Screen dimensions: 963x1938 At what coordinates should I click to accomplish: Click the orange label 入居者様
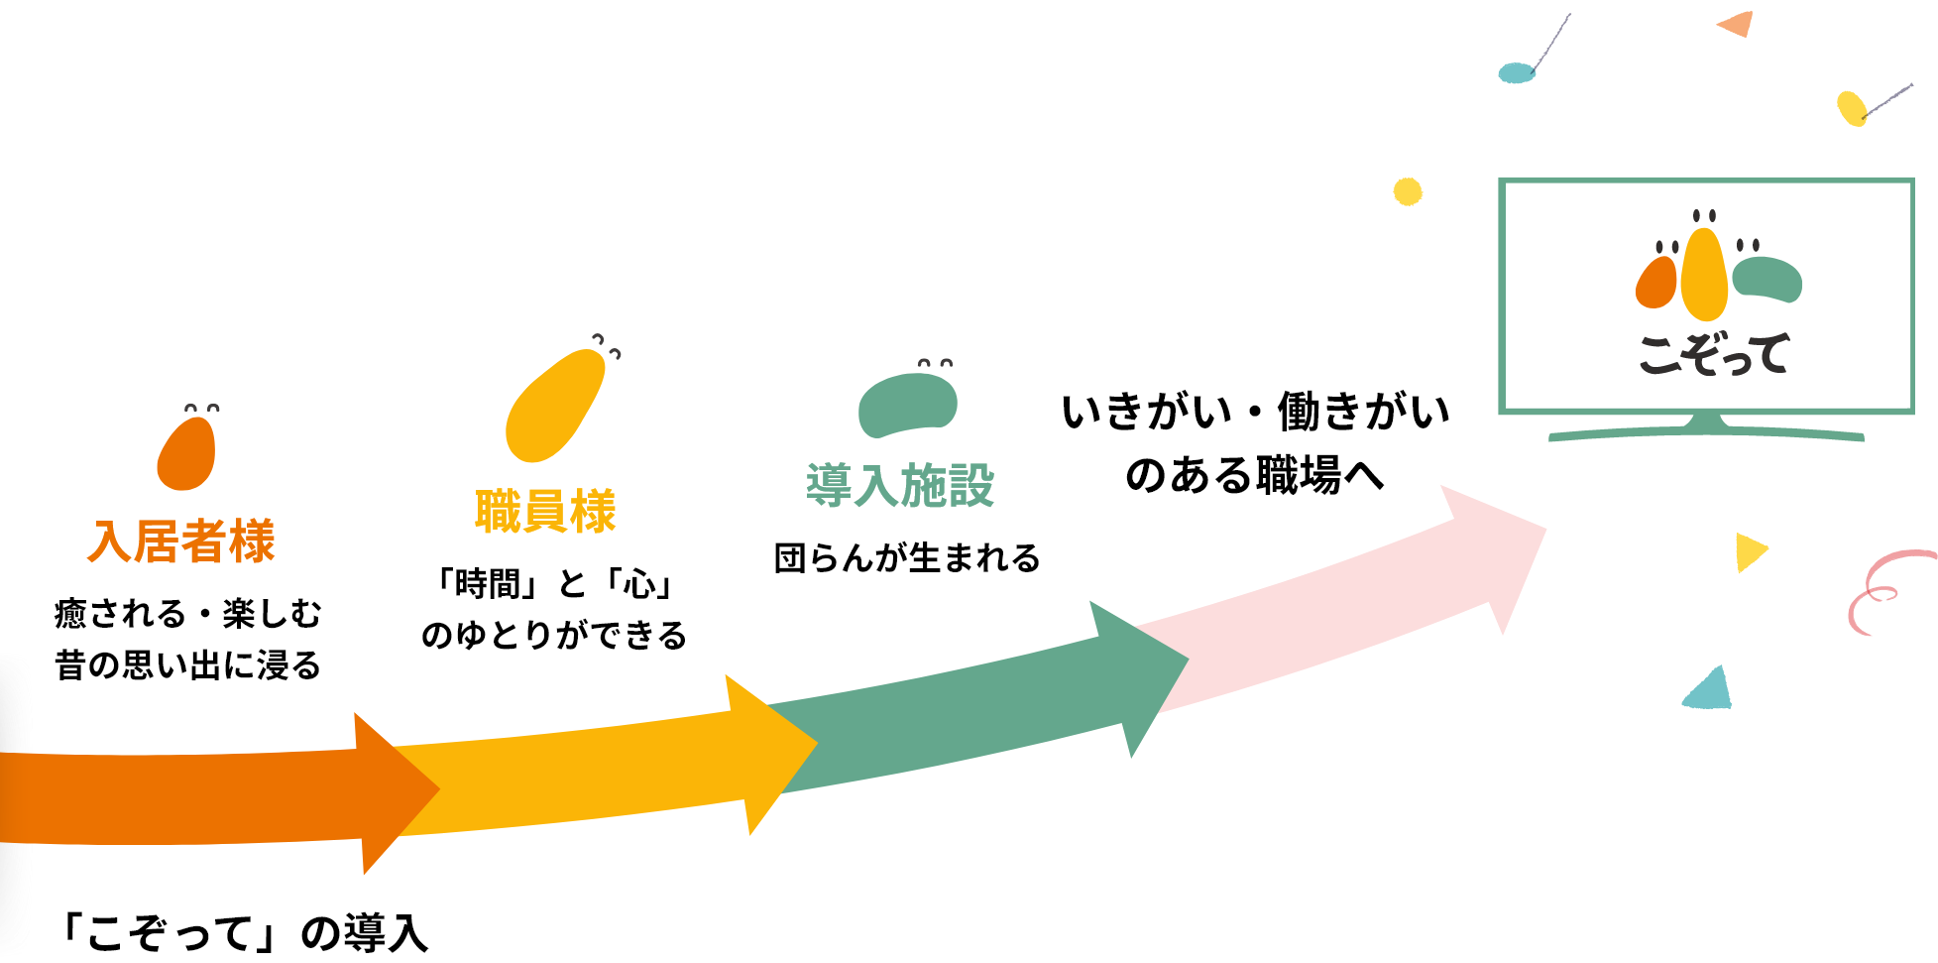click(x=181, y=542)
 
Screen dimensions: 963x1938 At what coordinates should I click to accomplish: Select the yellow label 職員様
click(x=545, y=512)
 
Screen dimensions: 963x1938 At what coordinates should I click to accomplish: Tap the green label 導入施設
click(x=899, y=486)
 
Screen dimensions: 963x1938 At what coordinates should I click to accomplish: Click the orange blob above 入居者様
click(x=186, y=453)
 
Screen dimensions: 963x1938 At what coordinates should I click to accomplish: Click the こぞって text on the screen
click(x=1713, y=354)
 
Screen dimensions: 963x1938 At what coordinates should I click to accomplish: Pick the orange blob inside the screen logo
click(x=1656, y=283)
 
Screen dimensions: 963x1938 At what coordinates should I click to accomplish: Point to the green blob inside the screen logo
click(x=1767, y=279)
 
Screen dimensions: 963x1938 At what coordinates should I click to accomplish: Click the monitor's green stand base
click(x=1706, y=431)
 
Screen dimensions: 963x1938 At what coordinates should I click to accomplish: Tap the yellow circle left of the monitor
click(x=1408, y=191)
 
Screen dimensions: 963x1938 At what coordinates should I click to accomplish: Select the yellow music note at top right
click(x=1851, y=108)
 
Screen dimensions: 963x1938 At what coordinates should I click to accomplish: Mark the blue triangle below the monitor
click(x=1709, y=690)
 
